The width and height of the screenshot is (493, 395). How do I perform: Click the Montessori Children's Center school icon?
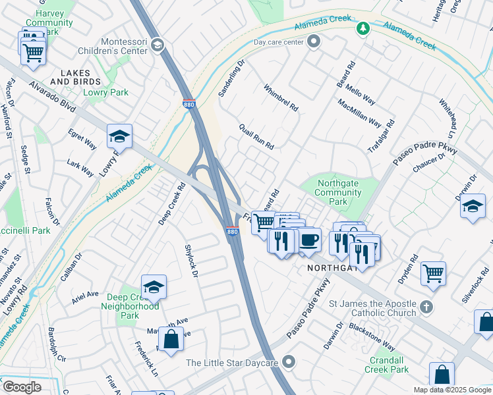pyautogui.click(x=157, y=44)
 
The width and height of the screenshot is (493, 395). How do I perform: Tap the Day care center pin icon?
pyautogui.click(x=313, y=42)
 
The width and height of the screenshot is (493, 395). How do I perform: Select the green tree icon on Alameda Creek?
pyautogui.click(x=362, y=28)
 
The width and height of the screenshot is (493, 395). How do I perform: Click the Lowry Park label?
pyautogui.click(x=106, y=93)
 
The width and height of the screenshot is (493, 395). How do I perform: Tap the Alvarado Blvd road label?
pyautogui.click(x=52, y=95)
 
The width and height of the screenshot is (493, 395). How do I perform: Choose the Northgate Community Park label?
pyautogui.click(x=339, y=193)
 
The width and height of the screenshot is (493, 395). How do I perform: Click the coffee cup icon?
pyautogui.click(x=308, y=240)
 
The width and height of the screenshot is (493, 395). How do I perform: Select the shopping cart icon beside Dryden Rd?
pyautogui.click(x=433, y=273)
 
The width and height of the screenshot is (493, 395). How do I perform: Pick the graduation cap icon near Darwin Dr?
pyautogui.click(x=473, y=205)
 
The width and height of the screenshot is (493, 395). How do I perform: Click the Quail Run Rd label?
pyautogui.click(x=256, y=136)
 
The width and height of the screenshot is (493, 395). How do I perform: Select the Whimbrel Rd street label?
pyautogui.click(x=281, y=97)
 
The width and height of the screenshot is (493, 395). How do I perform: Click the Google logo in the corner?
pyautogui.click(x=21, y=387)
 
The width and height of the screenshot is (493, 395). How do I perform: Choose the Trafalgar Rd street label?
pyautogui.click(x=381, y=137)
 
